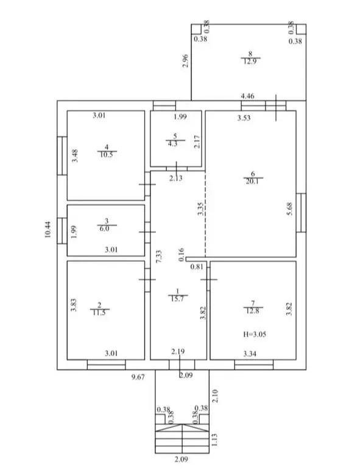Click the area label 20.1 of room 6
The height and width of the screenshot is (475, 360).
252,182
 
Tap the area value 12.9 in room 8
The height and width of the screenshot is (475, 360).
250,61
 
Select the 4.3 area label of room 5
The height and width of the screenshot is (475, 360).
172,143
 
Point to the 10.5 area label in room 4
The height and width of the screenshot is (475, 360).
107,154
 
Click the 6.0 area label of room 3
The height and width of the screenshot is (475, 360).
104,229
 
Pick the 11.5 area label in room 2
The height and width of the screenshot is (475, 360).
99,313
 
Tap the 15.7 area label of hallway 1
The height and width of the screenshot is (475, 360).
177,299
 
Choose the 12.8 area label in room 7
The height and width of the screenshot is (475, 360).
253,310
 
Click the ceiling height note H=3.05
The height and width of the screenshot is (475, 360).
255,334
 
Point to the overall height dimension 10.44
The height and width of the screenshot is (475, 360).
48,230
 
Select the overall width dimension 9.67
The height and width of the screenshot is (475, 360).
138,377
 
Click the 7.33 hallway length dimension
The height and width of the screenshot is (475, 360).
158,256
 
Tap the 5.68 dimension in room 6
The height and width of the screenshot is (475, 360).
289,209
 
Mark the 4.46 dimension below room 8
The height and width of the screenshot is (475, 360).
247,96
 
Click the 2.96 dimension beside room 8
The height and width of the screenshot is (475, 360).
185,60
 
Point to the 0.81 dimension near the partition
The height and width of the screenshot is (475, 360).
197,267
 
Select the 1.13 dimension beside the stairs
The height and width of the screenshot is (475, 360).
214,440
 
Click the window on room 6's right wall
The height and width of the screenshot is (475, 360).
301,213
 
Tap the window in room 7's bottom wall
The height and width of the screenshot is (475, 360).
254,365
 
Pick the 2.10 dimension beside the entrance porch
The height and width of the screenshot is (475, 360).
215,396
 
